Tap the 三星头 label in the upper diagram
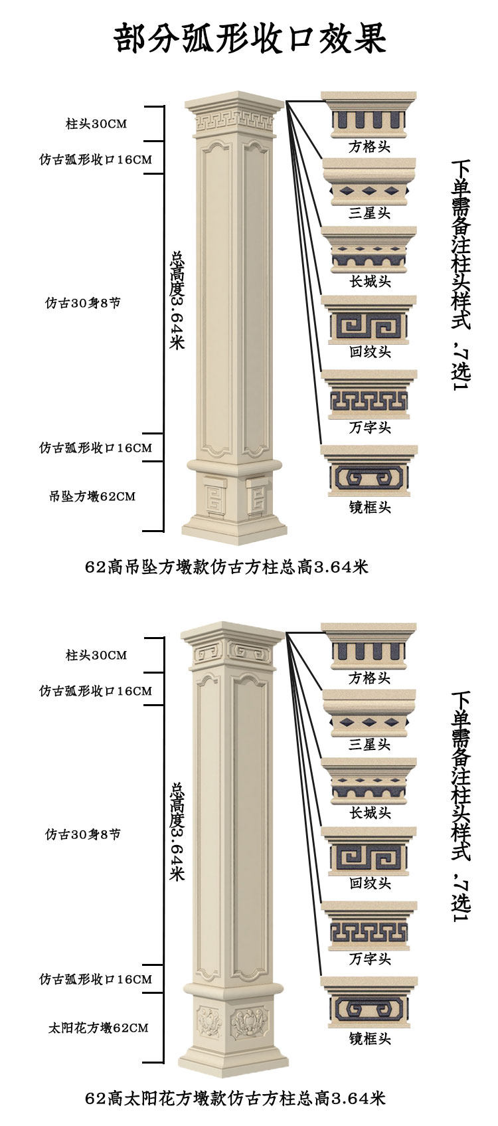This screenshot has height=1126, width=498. [369, 213]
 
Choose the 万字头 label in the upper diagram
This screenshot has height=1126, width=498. [369, 428]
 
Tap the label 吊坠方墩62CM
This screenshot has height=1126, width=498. [92, 496]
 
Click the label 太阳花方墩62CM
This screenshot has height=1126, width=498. [98, 1028]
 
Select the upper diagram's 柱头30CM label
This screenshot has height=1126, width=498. [96, 124]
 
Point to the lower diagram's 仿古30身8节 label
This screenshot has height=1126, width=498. [83, 834]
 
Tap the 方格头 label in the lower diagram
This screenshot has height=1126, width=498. [369, 678]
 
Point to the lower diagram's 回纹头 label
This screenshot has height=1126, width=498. [369, 884]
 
